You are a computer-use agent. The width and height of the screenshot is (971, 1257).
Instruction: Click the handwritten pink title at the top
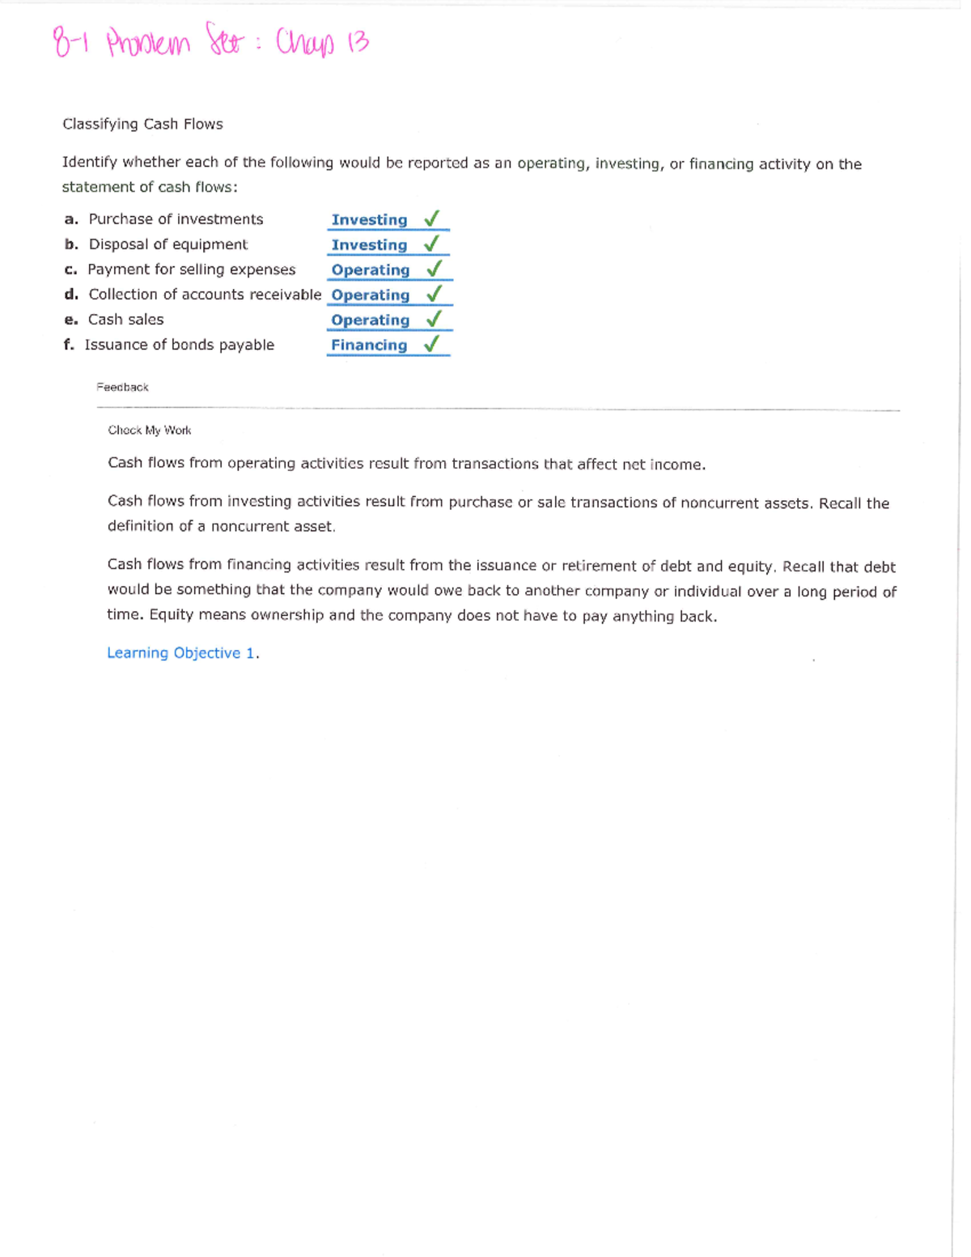[x=211, y=42]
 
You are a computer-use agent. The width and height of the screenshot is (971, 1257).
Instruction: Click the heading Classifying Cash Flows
[x=142, y=124]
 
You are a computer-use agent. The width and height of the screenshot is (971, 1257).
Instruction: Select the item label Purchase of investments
[x=176, y=219]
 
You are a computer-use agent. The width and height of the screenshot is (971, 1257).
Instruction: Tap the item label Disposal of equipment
[x=168, y=244]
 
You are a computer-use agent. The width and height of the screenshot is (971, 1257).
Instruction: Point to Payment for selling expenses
[x=192, y=270]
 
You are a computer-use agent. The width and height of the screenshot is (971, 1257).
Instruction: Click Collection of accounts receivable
[x=205, y=295]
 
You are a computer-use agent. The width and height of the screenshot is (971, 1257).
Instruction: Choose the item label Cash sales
[x=125, y=320]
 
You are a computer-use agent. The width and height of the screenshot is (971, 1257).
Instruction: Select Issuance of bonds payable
[x=180, y=345]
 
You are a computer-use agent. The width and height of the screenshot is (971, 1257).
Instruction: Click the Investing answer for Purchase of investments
[x=369, y=220]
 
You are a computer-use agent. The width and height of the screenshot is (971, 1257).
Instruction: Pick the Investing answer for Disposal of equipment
[x=369, y=245]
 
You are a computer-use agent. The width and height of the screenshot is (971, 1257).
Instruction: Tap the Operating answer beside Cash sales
[x=370, y=321]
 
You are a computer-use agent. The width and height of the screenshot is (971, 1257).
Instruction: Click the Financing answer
[x=369, y=346]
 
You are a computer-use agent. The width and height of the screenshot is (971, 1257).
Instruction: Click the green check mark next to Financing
[x=432, y=344]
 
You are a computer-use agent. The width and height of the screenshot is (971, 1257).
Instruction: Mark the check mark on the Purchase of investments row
[x=432, y=219]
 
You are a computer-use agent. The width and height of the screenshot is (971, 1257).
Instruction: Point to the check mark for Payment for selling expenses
[x=434, y=269]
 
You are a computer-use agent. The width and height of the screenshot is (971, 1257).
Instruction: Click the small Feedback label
[x=122, y=387]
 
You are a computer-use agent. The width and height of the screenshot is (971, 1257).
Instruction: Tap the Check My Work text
[x=150, y=431]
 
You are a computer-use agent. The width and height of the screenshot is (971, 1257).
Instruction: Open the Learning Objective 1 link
[x=182, y=653]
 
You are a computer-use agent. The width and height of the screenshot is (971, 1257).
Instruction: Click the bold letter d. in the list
[x=71, y=295]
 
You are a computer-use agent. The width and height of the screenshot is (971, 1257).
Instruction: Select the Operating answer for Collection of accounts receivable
[x=370, y=295]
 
